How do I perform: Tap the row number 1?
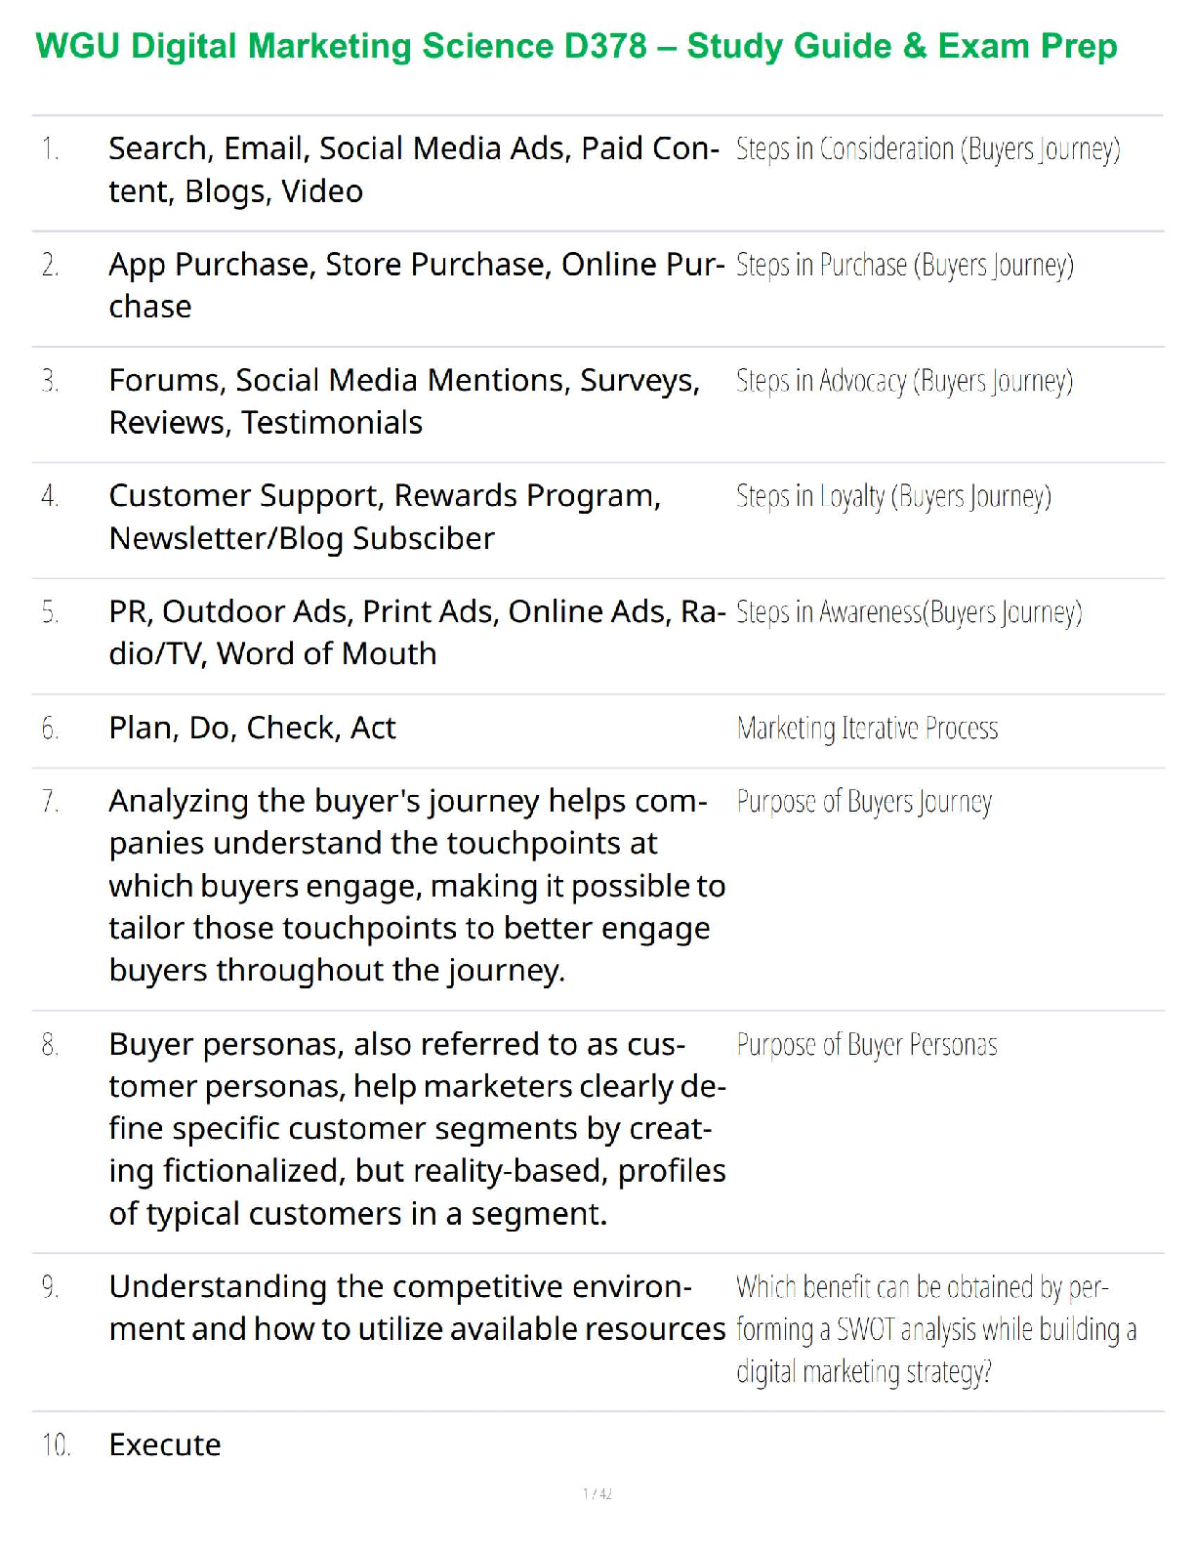point(51,148)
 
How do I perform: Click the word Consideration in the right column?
point(886,148)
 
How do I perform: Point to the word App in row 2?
point(137,265)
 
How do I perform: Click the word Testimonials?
point(332,423)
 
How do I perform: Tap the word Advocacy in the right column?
point(863,380)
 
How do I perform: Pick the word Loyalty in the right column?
point(851,496)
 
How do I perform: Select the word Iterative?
point(880,729)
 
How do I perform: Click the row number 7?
point(51,802)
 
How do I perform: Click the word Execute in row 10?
point(165,1444)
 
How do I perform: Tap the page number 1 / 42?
point(597,1493)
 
